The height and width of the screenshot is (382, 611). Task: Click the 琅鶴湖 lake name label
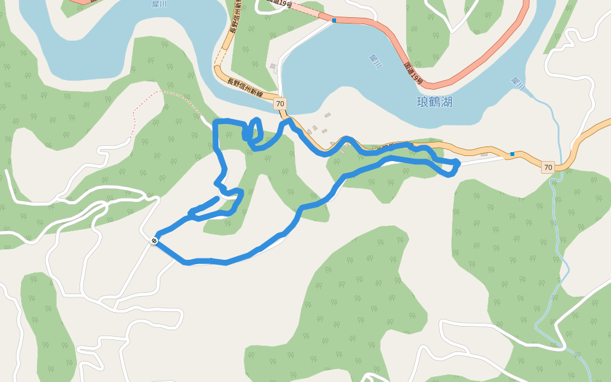434,102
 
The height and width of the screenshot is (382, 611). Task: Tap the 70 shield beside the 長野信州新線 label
280,103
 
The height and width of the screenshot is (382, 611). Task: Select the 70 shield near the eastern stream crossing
547,167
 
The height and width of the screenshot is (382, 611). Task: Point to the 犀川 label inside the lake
375,61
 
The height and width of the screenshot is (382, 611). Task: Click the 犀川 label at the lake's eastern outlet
517,83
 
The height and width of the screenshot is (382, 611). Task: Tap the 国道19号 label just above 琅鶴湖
413,73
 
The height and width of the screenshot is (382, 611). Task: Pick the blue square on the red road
334,20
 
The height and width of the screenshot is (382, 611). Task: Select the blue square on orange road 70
512,154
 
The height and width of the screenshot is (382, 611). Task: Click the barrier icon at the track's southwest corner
155,240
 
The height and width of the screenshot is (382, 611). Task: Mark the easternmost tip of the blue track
458,164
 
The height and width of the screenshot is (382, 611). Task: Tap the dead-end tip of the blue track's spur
218,199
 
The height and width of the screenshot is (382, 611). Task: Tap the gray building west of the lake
273,66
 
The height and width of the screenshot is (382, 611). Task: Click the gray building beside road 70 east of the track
484,154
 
